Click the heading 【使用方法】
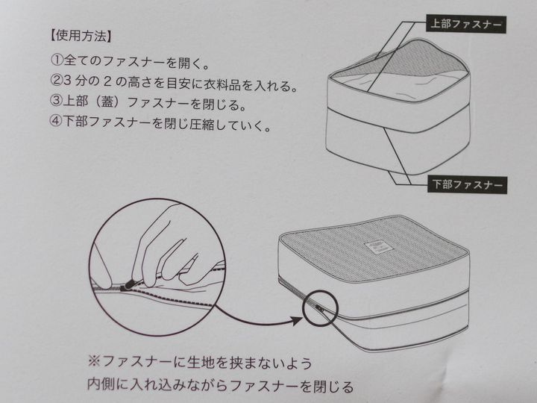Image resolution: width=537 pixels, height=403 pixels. point(81,36)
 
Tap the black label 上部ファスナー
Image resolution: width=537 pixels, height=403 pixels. point(465,24)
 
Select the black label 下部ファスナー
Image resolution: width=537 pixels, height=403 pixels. point(467,185)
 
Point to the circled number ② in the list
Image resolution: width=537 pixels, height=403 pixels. point(57,81)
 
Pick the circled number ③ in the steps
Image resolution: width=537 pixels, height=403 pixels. point(56,101)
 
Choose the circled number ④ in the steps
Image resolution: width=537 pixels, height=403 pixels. point(55,122)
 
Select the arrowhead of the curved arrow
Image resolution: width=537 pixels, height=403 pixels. point(295,320)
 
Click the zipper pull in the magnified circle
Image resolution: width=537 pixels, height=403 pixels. point(128,284)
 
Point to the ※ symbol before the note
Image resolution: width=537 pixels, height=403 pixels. point(94,362)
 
